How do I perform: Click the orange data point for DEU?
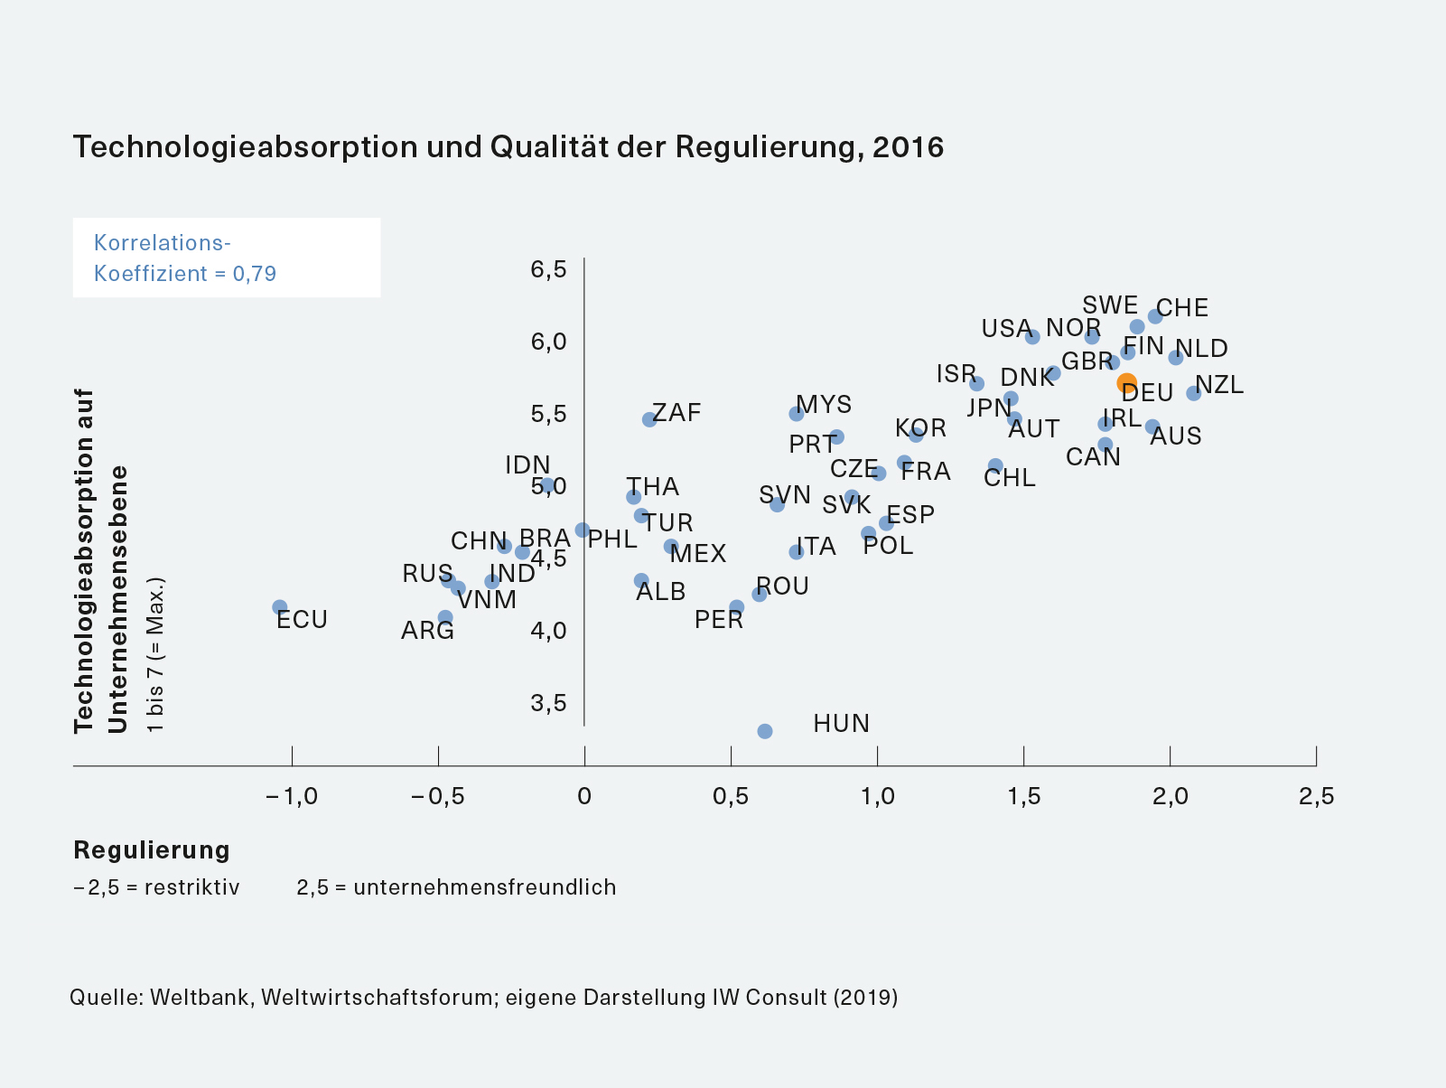[x=1126, y=383]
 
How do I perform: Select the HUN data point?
[x=765, y=731]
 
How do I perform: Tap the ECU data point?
[x=280, y=607]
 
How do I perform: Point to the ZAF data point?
[x=649, y=419]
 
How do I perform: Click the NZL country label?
[x=1219, y=385]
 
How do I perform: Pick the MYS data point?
[x=797, y=414]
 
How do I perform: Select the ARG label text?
[x=427, y=631]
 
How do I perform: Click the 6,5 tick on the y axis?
[x=548, y=269]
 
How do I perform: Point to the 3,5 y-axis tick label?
[x=548, y=703]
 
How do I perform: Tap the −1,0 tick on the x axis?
[x=292, y=796]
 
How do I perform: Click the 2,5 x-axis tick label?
[x=1316, y=796]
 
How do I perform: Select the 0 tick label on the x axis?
[x=584, y=796]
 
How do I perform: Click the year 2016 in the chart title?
[x=908, y=147]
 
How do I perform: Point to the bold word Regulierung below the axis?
[x=152, y=850]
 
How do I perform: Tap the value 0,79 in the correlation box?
[x=255, y=274]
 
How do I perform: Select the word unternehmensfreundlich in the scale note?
[x=485, y=887]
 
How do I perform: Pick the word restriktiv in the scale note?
[x=192, y=887]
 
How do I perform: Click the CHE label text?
[x=1182, y=308]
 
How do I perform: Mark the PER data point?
[x=737, y=607]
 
